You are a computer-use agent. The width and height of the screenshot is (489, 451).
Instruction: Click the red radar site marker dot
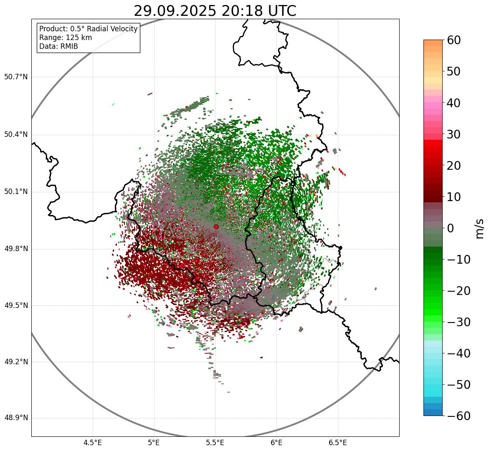point(216,227)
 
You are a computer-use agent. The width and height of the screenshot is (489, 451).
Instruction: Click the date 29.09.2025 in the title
point(175,11)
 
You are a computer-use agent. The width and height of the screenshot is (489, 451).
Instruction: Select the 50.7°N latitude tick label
point(16,77)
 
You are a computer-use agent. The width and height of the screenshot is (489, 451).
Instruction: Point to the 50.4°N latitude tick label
point(16,135)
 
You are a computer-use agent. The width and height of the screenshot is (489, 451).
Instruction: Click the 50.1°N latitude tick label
point(16,192)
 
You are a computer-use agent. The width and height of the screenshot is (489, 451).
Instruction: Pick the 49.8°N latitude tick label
point(16,249)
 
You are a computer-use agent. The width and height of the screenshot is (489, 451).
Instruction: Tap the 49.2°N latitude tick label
point(16,362)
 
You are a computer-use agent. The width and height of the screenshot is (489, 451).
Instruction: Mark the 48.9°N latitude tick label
point(16,418)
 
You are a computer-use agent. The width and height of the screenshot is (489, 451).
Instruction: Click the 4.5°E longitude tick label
point(93,442)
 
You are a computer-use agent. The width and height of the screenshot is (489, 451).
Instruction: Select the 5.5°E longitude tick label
point(215,442)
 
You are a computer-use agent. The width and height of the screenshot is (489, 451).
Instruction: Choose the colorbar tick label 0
point(451,228)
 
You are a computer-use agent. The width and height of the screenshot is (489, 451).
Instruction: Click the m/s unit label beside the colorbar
point(479,228)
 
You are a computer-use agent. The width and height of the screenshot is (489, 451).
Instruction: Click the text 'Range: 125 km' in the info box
point(66,38)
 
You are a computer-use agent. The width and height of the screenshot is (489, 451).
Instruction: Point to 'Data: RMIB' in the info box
point(58,46)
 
